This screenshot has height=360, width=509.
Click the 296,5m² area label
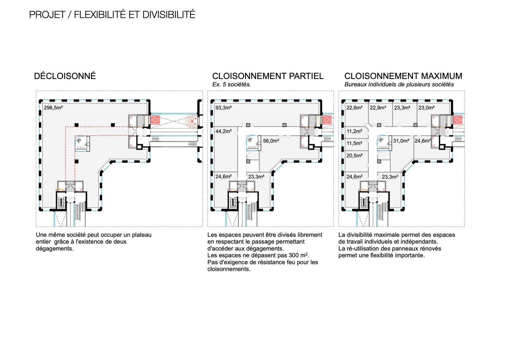(x=53, y=108)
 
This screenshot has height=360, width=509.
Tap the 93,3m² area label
(x=223, y=108)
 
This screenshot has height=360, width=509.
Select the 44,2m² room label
(x=223, y=131)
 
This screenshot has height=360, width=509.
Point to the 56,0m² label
(x=271, y=141)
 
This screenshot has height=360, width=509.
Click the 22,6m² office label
(x=354, y=108)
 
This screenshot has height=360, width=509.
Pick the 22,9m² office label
(x=378, y=108)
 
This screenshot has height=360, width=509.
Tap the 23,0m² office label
(x=427, y=108)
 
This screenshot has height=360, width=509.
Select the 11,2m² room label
(x=354, y=131)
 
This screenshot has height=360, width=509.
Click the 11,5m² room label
(x=354, y=144)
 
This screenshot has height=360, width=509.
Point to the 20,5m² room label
(x=354, y=156)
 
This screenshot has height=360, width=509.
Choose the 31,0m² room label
(x=401, y=141)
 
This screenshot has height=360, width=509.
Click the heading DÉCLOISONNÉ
(x=65, y=76)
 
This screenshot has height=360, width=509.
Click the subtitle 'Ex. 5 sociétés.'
(x=232, y=85)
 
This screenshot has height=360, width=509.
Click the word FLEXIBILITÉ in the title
(x=100, y=15)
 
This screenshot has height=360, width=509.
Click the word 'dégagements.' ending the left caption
(x=55, y=249)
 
